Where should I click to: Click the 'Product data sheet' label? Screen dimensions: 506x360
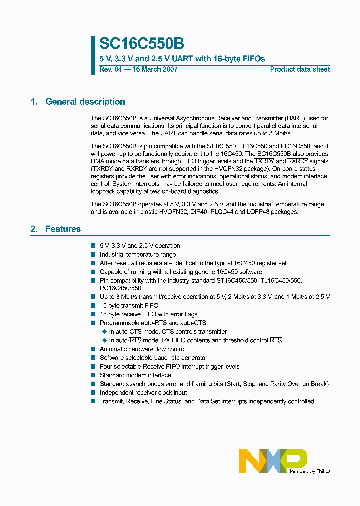[300, 70]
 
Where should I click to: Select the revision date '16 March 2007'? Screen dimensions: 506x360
[154, 70]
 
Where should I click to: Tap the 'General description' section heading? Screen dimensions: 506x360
[85, 102]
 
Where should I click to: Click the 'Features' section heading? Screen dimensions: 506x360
[63, 229]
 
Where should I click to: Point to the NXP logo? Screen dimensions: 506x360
[272, 460]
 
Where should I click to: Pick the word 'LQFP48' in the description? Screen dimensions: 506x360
[249, 212]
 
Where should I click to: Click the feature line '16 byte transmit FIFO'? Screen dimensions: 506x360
[129, 306]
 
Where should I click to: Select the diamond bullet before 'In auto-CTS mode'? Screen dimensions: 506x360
[104, 332]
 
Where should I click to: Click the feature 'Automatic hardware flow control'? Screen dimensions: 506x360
[142, 349]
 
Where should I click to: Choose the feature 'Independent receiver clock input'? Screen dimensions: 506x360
[143, 393]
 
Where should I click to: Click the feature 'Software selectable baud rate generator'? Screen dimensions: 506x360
[153, 358]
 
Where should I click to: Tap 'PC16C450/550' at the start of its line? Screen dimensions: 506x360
[120, 288]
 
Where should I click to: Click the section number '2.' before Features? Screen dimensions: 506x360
[34, 229]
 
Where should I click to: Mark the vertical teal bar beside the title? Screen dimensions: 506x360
[93, 55]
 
